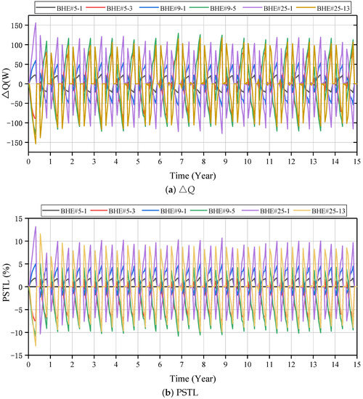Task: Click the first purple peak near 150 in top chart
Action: click(x=36, y=23)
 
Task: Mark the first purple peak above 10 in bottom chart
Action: click(x=36, y=227)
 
